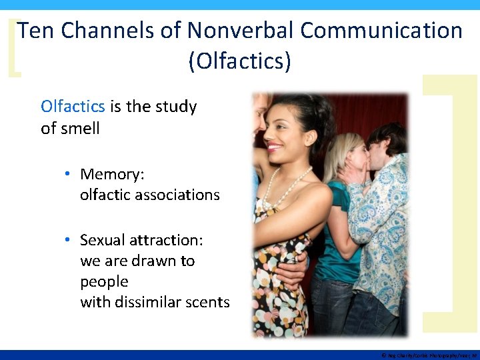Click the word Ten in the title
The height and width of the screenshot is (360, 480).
pyautogui.click(x=34, y=31)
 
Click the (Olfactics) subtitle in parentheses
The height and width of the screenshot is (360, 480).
pyautogui.click(x=240, y=61)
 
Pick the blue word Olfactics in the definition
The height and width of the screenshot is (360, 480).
pyautogui.click(x=73, y=107)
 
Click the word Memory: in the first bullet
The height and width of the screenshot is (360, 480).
pyautogui.click(x=112, y=175)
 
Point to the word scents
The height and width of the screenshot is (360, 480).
pyautogui.click(x=207, y=302)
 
